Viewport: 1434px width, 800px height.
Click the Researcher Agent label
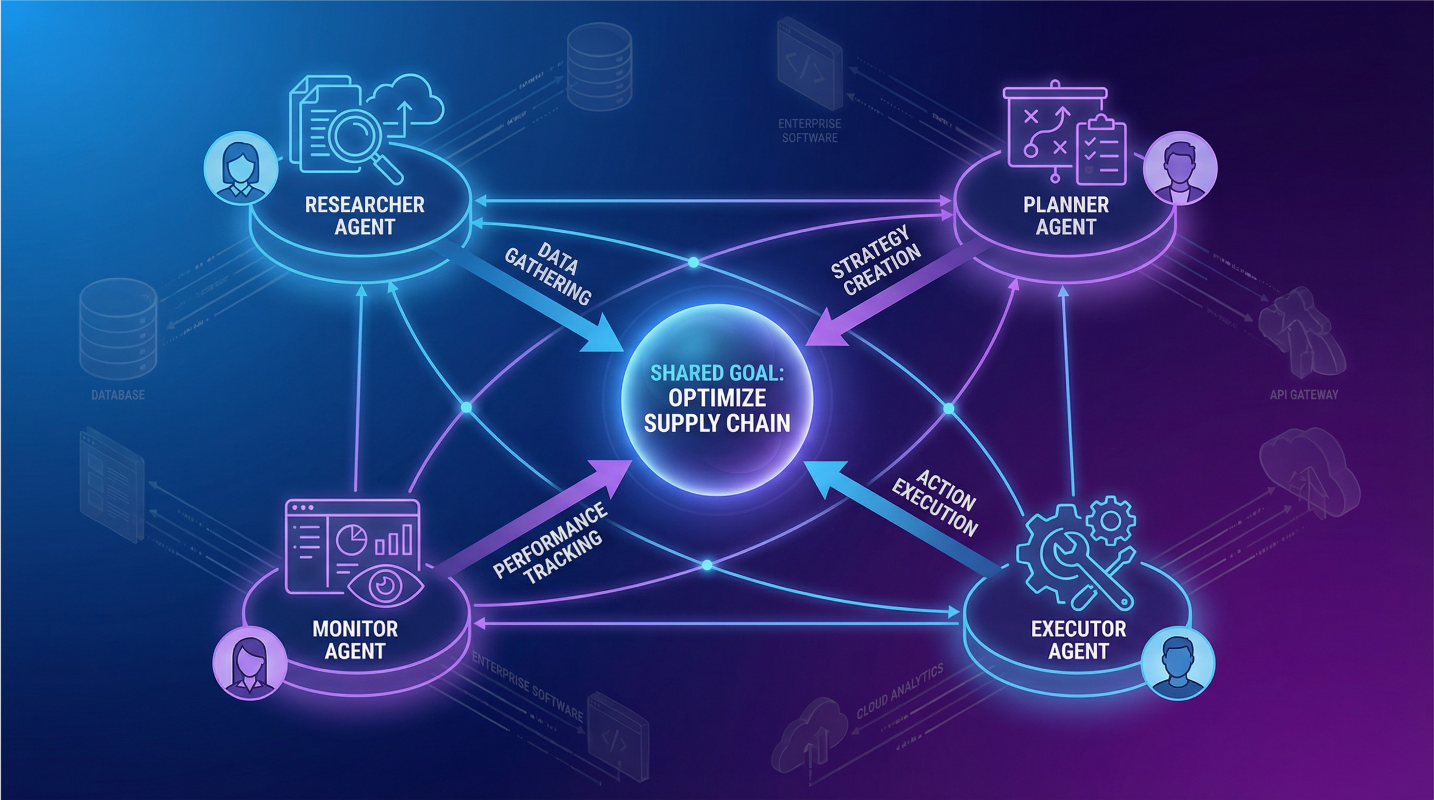click(x=364, y=216)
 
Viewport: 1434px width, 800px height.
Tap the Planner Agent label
click(x=1066, y=216)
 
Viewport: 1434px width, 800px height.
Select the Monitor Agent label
click(x=355, y=640)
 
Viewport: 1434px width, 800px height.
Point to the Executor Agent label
click(x=1078, y=640)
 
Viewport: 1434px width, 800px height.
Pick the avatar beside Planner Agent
click(x=1180, y=169)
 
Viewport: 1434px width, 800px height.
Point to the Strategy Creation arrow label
click(x=875, y=261)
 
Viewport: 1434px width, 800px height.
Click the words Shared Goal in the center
click(x=717, y=373)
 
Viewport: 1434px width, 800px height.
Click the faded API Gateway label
click(x=1304, y=395)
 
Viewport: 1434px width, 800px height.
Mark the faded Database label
click(x=118, y=395)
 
